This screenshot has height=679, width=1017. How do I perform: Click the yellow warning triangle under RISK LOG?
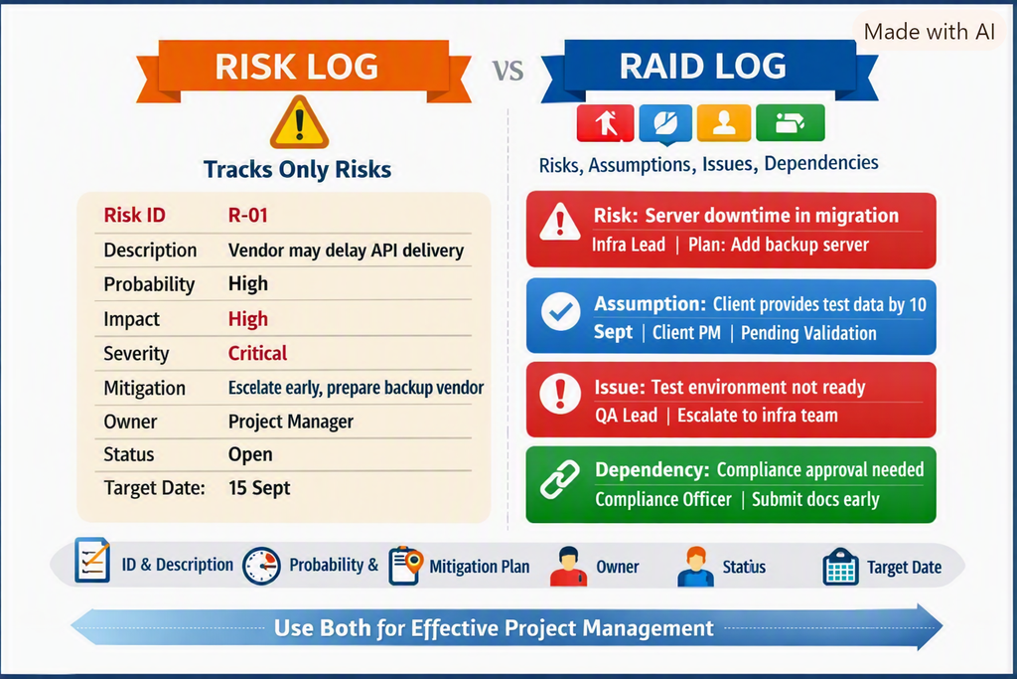coord(299,123)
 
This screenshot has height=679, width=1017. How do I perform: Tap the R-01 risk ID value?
coord(247,215)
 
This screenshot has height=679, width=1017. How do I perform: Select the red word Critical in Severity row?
coord(257,353)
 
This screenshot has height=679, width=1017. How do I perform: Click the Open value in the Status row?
coord(250,454)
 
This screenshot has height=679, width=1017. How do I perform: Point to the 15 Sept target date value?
coord(259,487)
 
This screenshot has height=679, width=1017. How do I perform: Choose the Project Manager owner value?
coord(291,422)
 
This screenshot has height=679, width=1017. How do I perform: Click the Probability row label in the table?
coord(149,284)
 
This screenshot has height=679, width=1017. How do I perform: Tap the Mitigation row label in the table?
coord(145,388)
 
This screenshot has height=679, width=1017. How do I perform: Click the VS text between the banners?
coord(508,71)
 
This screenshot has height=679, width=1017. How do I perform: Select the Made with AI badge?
coord(930,31)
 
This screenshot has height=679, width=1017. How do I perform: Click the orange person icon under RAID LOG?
coord(724,122)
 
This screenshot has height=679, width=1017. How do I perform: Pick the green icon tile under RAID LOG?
coord(790,122)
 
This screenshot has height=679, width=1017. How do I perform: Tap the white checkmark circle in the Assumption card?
coord(561,312)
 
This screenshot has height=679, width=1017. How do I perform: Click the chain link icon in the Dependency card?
coord(560,480)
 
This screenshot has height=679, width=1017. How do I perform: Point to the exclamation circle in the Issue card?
coord(560,394)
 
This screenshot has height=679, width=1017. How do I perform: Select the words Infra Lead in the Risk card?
coord(628,245)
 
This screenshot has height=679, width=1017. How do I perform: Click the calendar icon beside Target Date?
coord(840,567)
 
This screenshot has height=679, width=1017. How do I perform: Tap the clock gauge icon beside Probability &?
coord(261,566)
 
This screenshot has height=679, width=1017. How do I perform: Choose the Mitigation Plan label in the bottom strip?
coord(480,567)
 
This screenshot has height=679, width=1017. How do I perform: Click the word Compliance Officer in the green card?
coord(663,499)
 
